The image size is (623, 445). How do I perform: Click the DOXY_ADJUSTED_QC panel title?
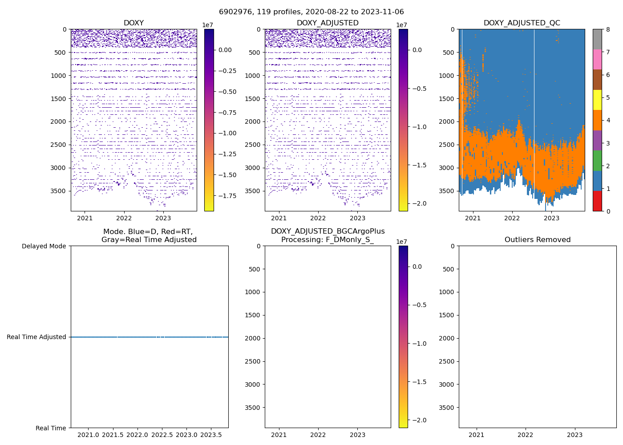tap(522, 23)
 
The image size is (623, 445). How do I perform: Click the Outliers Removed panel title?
tap(537, 240)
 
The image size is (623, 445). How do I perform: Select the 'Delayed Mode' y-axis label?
tap(44, 246)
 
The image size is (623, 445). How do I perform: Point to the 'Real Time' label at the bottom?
tap(51, 428)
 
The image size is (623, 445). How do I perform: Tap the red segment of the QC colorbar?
tap(597, 201)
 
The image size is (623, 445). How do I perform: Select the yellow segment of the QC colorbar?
tap(597, 100)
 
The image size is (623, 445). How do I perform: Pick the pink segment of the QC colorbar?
tap(597, 59)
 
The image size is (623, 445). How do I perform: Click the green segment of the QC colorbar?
tap(597, 161)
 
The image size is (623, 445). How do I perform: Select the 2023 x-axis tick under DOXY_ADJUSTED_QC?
tap(551, 218)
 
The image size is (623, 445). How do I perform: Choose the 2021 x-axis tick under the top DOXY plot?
tap(85, 218)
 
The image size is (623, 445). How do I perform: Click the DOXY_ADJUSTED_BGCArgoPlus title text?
tap(328, 231)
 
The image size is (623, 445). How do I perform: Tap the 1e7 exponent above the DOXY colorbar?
tap(208, 25)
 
